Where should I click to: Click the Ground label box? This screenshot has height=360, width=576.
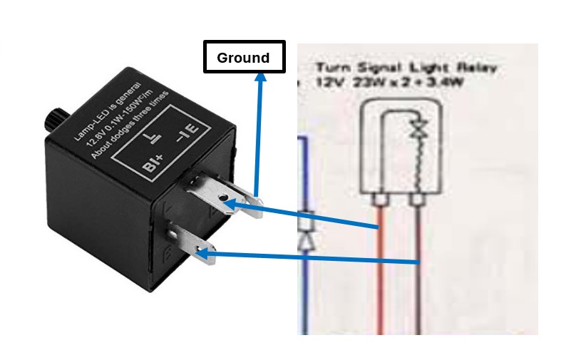coord(243,58)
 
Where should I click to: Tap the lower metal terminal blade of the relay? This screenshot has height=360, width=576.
coord(192,246)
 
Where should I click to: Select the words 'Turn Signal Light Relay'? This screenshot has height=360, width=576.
coord(406,68)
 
